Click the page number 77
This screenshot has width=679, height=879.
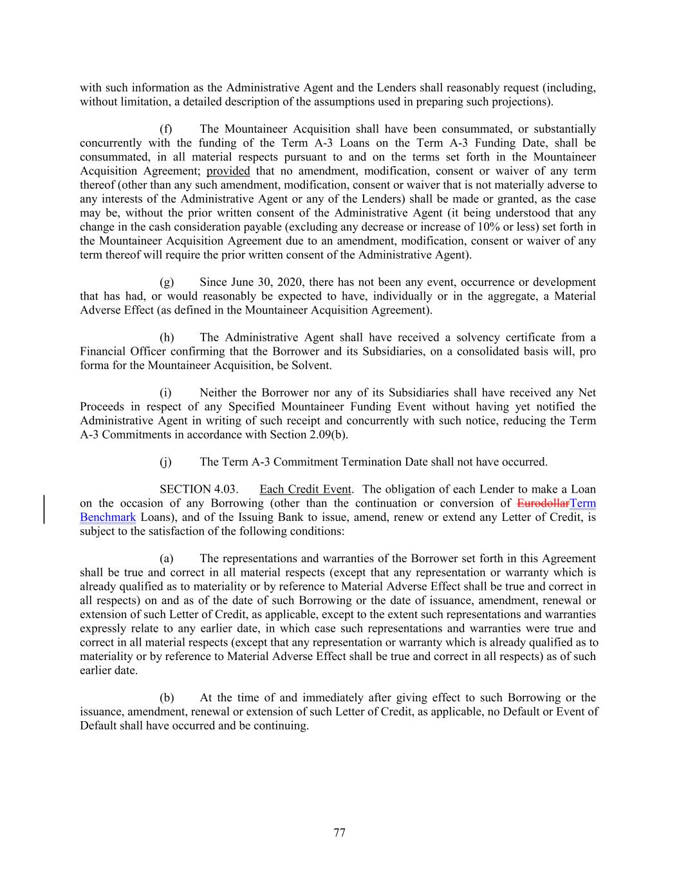pyautogui.click(x=339, y=833)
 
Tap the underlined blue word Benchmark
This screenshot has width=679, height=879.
pyautogui.click(x=107, y=518)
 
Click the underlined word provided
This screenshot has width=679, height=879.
pyautogui.click(x=228, y=171)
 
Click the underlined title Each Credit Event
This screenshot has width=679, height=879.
pyautogui.click(x=306, y=489)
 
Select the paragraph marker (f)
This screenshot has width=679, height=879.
pyautogui.click(x=166, y=129)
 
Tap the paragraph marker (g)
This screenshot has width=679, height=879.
pyautogui.click(x=166, y=282)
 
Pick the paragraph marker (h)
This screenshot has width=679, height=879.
pyautogui.click(x=166, y=337)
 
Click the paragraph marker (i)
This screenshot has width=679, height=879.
pyautogui.click(x=165, y=393)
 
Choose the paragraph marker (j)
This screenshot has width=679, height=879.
pyautogui.click(x=165, y=462)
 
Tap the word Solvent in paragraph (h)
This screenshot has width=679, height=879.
pyautogui.click(x=313, y=365)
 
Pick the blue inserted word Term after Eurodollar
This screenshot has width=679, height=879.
pyautogui.click(x=583, y=504)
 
